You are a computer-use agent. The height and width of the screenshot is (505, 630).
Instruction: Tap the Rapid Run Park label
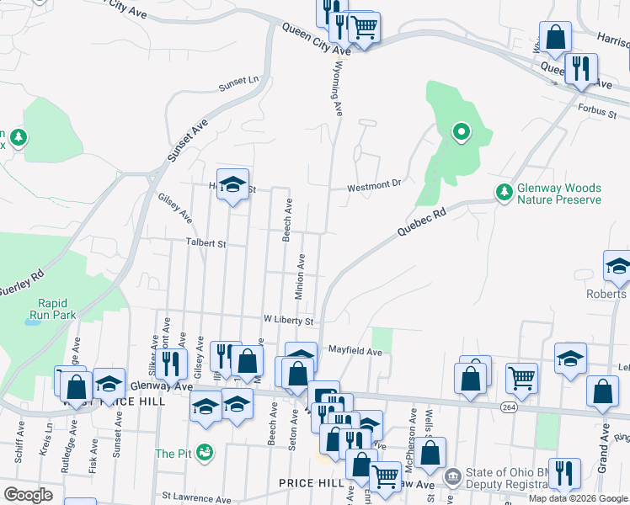pos(56,309)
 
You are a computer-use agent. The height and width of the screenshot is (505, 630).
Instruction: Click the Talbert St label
pos(206,244)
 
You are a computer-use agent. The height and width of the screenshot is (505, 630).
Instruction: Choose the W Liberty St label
pos(287,321)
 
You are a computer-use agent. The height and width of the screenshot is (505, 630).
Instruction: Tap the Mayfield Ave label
pos(355,349)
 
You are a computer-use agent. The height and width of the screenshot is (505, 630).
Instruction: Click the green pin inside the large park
pos(461,131)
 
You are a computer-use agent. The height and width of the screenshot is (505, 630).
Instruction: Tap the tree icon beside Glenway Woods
pos(505,193)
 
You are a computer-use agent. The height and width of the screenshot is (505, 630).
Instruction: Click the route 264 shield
pos(508,407)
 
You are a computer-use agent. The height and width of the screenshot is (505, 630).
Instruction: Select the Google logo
pos(28,494)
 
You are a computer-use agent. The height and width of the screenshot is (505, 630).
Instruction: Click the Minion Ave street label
pos(299,276)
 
